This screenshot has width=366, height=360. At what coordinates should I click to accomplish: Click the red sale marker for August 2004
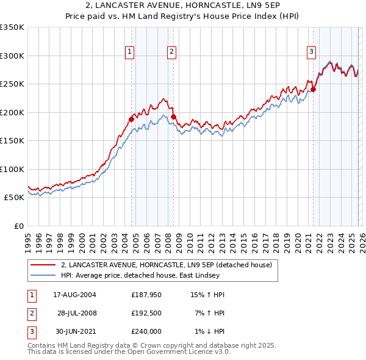(x=131, y=120)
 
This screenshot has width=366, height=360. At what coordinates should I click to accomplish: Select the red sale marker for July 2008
(x=173, y=117)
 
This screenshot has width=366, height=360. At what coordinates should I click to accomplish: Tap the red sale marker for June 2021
(x=313, y=89)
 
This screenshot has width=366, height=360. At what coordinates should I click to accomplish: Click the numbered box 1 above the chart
(x=130, y=52)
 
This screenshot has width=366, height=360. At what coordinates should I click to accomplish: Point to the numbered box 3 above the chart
(x=311, y=52)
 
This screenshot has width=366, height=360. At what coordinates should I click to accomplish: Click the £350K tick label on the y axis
(x=12, y=27)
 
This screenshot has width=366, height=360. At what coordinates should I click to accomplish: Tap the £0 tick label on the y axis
(x=18, y=226)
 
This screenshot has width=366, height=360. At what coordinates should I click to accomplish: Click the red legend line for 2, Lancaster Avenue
(x=44, y=265)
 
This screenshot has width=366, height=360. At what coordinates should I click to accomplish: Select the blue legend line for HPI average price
(x=44, y=275)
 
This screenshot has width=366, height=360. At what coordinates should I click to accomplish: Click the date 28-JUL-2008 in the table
(x=77, y=314)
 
